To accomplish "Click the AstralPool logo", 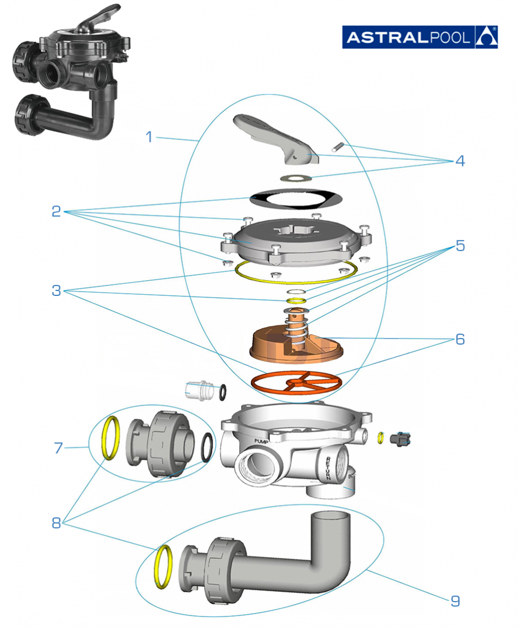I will coord(420,37).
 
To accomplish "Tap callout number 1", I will coord(149,137).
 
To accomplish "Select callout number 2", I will coord(56,211).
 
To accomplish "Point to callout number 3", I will coord(56,291).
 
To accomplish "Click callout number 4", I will coord(459,162).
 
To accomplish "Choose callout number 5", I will coord(459,246).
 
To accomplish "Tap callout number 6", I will coord(459,340).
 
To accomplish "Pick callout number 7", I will coord(59,448).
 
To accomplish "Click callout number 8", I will coord(56,523).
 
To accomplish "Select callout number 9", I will coord(455,601).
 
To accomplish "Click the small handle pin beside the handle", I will coord(339,146).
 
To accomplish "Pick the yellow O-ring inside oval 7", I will coord(111,438).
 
